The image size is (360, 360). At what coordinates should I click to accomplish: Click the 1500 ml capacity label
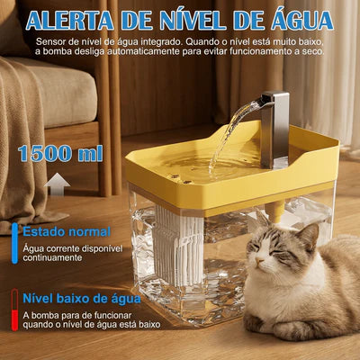pyautogui.click(x=60, y=153)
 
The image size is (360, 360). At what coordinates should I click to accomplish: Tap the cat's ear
pyautogui.click(x=308, y=236)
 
